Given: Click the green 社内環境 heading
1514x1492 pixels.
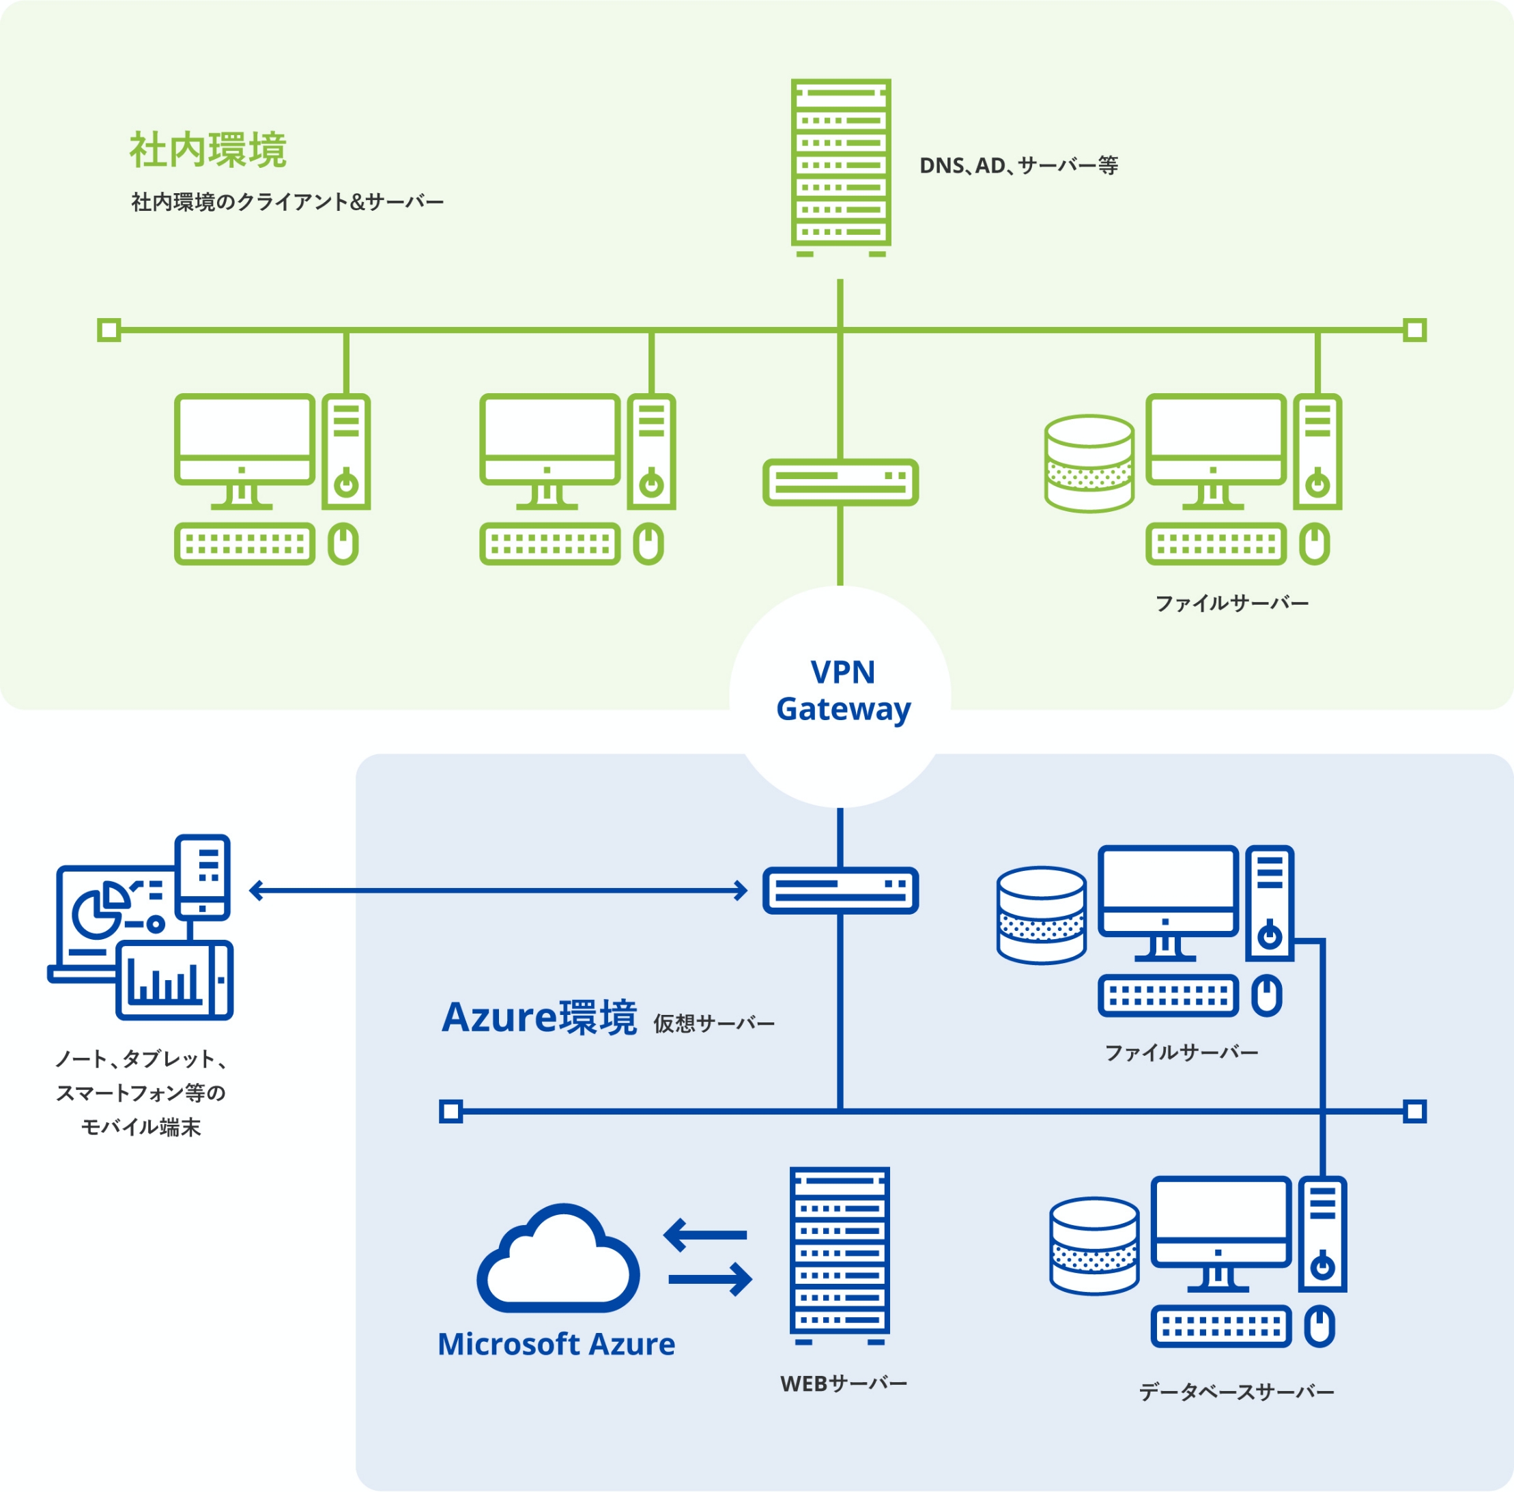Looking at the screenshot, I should (208, 149).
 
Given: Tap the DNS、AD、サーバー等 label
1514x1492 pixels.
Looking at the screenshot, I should (1018, 166).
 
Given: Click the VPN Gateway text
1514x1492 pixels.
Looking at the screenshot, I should (842, 690).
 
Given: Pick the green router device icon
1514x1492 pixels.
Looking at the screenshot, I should (840, 482).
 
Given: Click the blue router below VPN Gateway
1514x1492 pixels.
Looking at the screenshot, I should (840, 890).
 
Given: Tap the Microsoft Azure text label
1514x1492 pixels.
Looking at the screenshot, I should (556, 1345).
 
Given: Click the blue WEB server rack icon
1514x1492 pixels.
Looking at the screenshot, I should (840, 1254).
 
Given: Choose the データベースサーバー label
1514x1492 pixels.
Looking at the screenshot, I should (1236, 1392).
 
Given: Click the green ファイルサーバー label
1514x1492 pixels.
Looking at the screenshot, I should (1231, 603).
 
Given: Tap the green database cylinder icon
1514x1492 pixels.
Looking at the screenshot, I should (1089, 464).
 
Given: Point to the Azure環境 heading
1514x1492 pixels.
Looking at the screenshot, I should (539, 1018).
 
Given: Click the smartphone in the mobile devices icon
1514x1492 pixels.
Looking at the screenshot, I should (203, 877).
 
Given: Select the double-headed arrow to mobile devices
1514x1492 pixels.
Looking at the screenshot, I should (498, 890).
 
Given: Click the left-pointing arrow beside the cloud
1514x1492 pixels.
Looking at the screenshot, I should (705, 1235).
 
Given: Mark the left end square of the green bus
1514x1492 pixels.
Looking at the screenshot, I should (109, 330).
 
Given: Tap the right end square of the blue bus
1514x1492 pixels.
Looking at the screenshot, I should (1414, 1111).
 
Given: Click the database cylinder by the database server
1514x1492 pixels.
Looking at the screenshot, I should (1094, 1245).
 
